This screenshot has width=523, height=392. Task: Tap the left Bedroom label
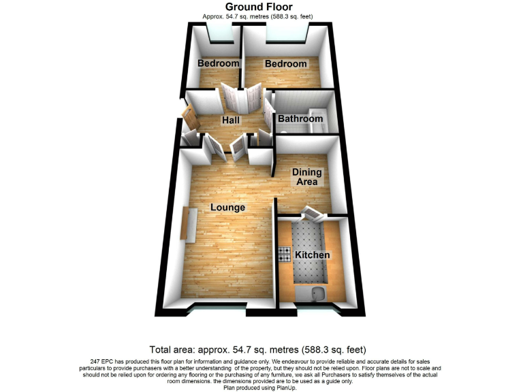tap(219, 63)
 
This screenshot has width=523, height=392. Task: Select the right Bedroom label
tap(286, 63)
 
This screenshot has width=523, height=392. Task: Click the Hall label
tap(231, 120)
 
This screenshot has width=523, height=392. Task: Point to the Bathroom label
tap(300, 119)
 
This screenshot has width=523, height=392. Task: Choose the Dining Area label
tap(306, 177)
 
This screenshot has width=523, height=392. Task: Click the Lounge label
tap(227, 207)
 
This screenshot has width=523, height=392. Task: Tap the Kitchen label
tap(312, 255)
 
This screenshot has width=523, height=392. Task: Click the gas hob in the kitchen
tap(284, 255)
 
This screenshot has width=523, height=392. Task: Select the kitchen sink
tap(317, 294)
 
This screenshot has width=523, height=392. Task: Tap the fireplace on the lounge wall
tap(189, 224)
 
